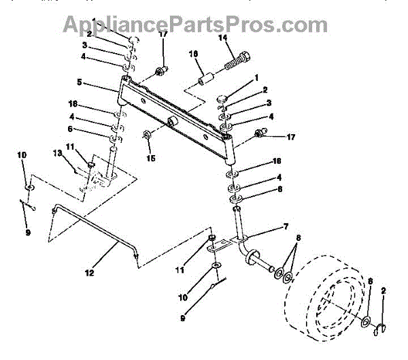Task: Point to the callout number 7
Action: pos(286,227)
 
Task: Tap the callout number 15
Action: pos(151,158)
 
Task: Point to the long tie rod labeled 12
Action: pos(95,231)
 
